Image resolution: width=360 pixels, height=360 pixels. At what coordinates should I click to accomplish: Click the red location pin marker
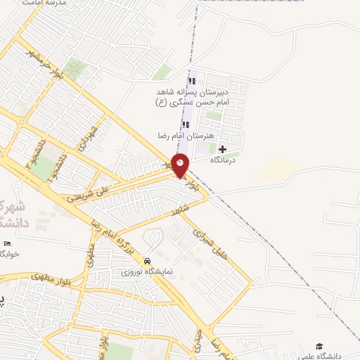point(180,166)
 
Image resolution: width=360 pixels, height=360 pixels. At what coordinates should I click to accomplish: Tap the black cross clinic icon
point(223,149)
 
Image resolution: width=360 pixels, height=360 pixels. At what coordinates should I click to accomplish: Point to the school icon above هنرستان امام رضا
point(186,125)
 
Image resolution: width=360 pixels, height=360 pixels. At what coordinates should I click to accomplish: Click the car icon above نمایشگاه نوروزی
point(146,259)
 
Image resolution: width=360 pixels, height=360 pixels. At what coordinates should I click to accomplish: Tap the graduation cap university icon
point(320,346)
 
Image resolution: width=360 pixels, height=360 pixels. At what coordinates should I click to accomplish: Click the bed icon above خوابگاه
point(8,243)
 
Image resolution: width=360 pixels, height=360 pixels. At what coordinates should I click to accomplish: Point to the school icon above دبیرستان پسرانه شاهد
point(192,80)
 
